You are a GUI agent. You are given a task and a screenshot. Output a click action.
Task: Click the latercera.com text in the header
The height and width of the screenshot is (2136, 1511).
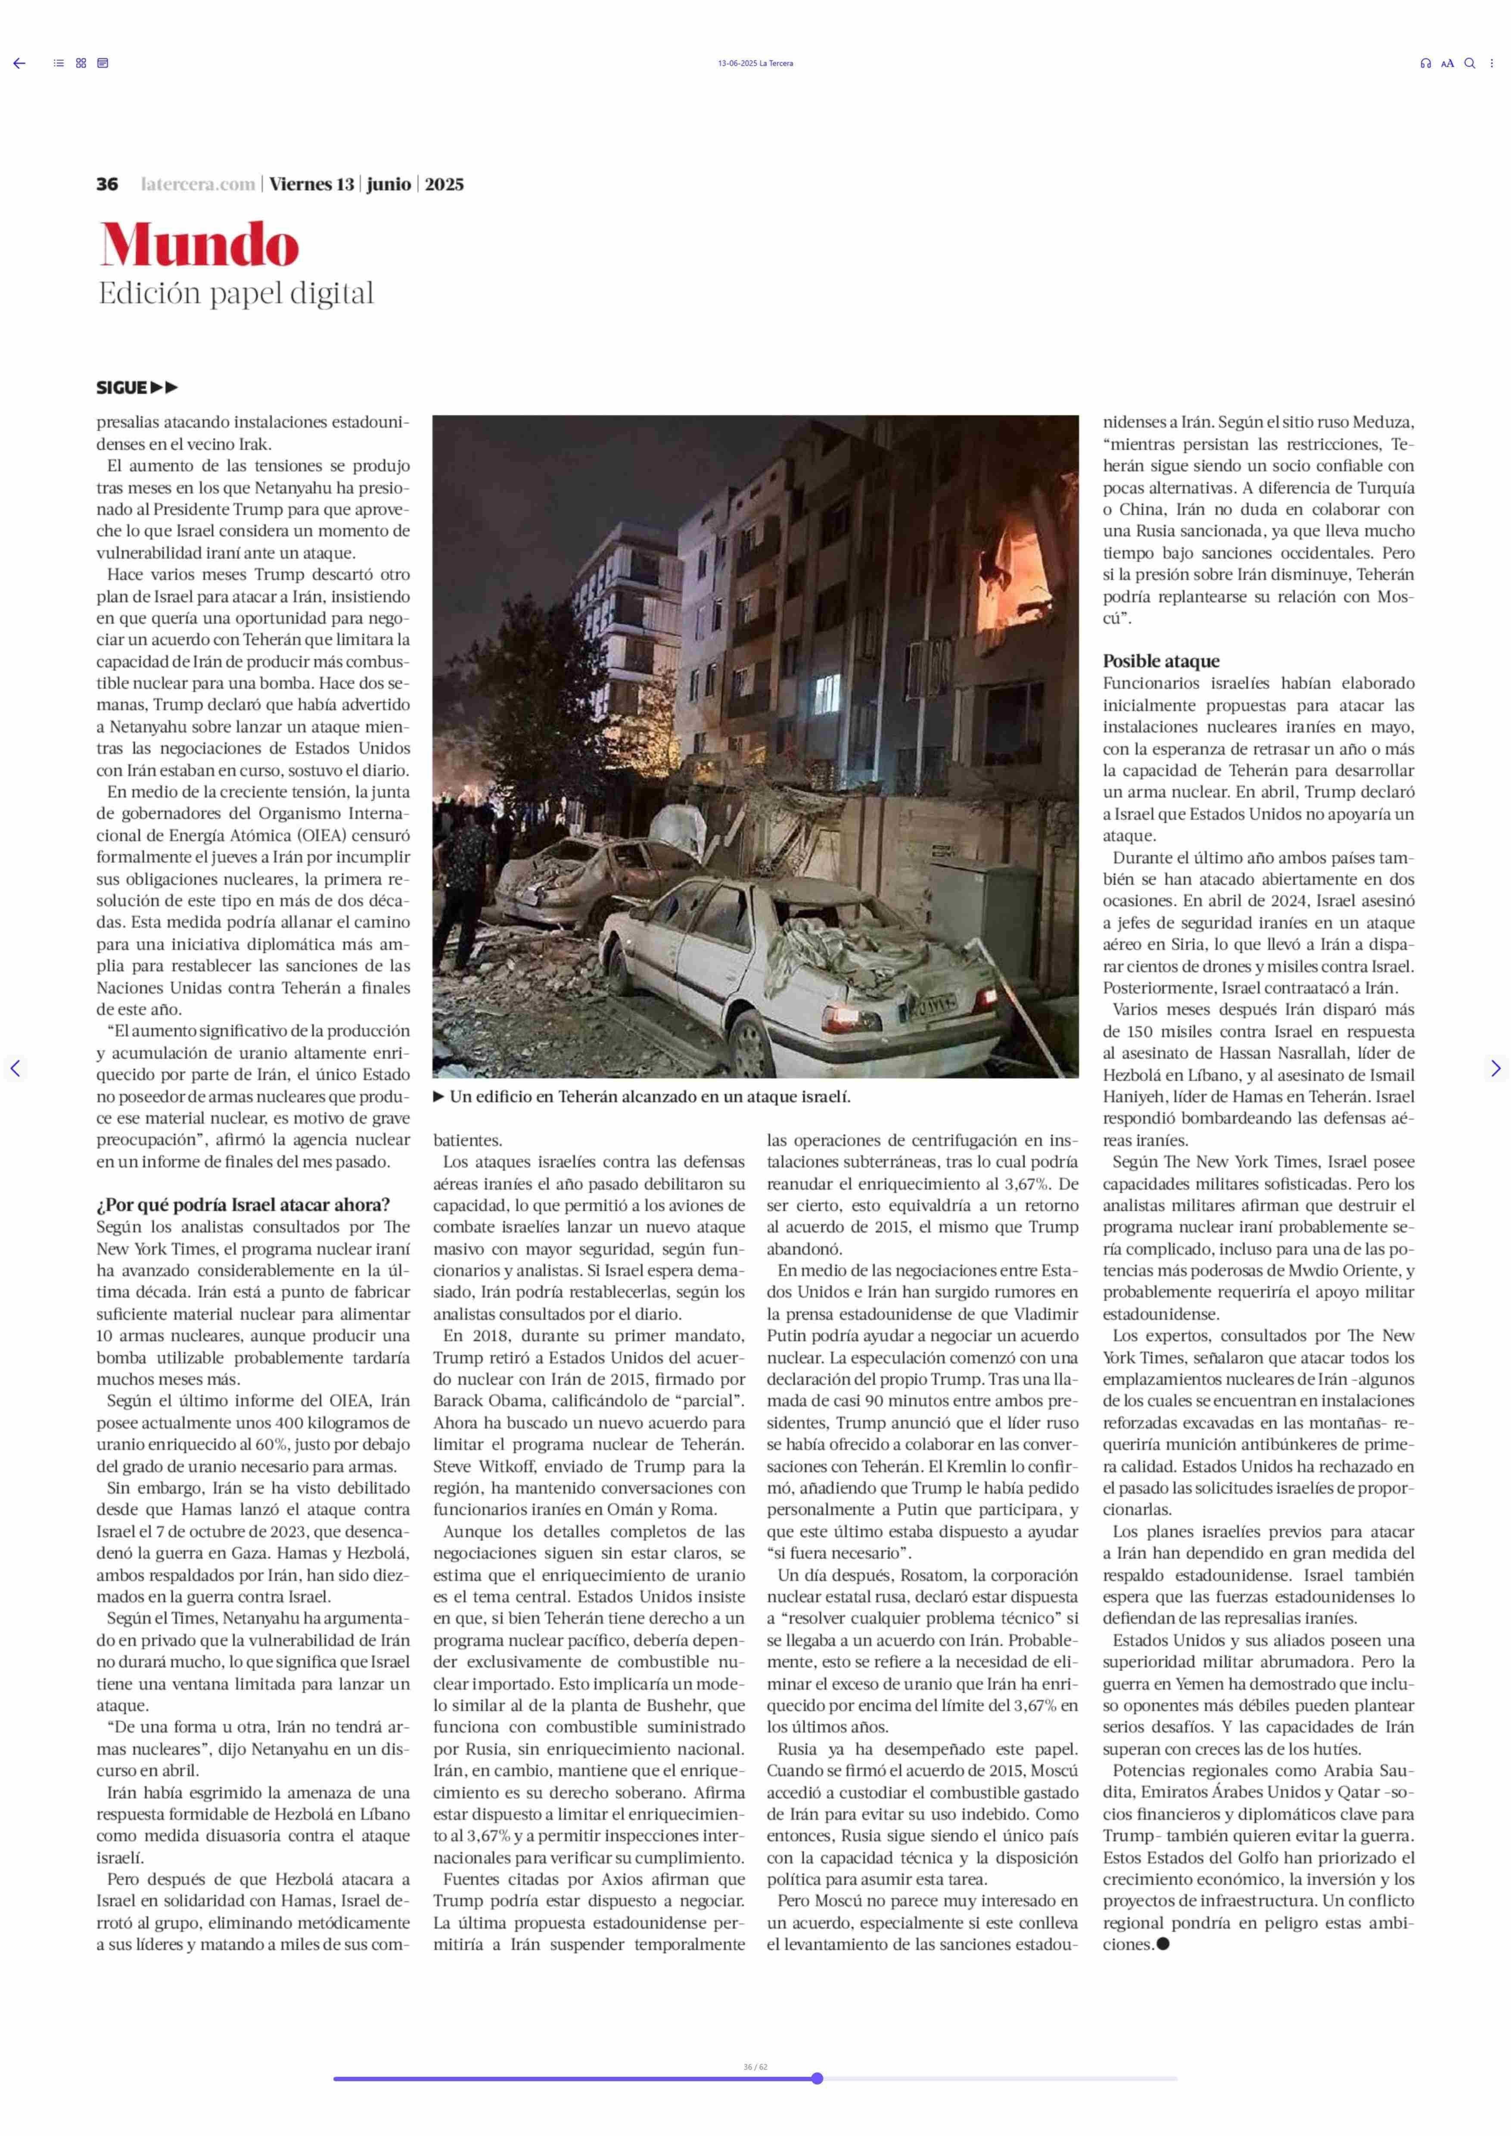click(x=197, y=184)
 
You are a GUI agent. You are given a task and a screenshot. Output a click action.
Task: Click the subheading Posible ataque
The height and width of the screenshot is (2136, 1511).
click(x=1160, y=661)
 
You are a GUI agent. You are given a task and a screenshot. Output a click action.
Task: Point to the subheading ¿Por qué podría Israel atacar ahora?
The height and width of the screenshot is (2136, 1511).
click(x=243, y=1204)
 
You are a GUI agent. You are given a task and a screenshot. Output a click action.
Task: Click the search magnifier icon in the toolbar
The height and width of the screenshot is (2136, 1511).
click(x=1469, y=63)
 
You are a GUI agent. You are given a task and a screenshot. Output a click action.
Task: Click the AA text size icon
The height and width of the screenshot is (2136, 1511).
click(x=1447, y=63)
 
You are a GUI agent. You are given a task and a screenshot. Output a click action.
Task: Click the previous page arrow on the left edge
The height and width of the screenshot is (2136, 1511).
click(x=15, y=1068)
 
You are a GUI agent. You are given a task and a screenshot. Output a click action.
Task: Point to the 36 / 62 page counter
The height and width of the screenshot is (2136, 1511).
click(x=755, y=2066)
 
